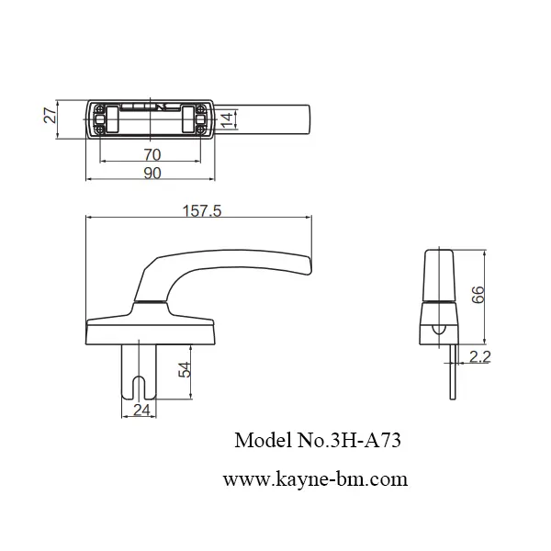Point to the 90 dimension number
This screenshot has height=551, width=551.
pos(152,171)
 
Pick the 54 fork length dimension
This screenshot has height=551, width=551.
pos(185,369)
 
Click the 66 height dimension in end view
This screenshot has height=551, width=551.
pos(477,293)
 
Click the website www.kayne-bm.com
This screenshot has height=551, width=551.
pos(315,479)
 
